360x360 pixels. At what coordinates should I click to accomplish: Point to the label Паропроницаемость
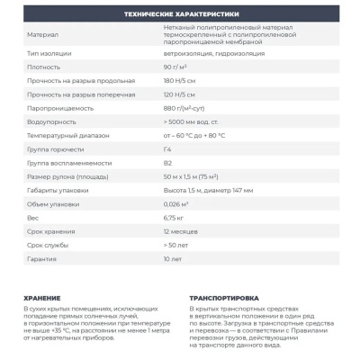click(x=58, y=108)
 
